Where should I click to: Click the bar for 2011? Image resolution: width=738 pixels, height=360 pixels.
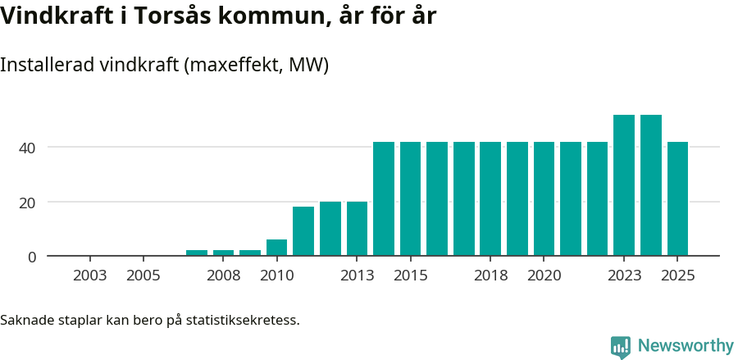coord(303,231)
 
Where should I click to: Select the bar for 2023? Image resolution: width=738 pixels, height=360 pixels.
coord(624,185)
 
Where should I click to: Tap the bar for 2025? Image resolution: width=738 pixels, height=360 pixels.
coord(677,198)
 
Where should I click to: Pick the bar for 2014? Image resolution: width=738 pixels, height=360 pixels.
coord(384,198)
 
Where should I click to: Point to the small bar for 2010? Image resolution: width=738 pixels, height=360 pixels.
coord(276,248)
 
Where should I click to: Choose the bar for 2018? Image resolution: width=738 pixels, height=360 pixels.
coord(490,198)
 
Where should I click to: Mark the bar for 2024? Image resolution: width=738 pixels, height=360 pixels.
coord(651,185)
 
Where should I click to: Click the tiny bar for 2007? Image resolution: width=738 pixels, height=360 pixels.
coord(197,253)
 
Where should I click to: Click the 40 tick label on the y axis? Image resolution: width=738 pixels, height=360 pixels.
coord(28,148)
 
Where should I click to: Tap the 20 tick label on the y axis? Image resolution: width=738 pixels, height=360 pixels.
coord(28,203)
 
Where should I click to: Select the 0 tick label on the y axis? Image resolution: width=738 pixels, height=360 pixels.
coord(32,257)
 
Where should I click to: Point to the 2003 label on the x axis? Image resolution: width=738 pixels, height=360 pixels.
coord(89,276)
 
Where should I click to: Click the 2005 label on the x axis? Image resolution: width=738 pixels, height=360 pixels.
coord(143,276)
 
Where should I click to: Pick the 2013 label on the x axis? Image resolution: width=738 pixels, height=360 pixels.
coord(357,276)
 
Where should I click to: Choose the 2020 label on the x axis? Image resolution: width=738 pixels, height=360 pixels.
coord(544,276)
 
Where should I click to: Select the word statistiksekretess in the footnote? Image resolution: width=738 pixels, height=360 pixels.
coord(243,320)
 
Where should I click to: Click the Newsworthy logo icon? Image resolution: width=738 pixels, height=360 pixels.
coord(621,347)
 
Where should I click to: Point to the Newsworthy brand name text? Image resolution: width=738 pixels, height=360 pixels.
coord(686,346)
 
